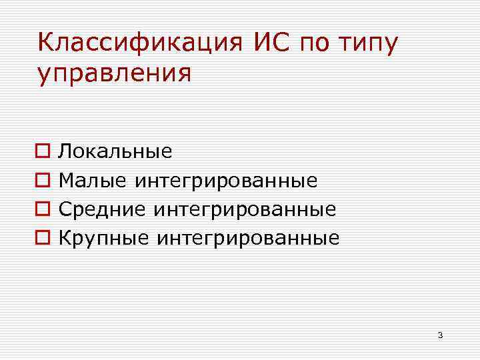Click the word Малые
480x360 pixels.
pos(93,180)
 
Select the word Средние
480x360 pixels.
pos(102,209)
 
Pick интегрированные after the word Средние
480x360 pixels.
pos(245,209)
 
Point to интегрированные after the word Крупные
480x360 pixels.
pos(247,238)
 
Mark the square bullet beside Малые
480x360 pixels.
pos(43,181)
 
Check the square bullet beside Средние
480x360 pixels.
pos(43,209)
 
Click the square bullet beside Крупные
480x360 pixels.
pos(43,238)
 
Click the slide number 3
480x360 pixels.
pos(441,335)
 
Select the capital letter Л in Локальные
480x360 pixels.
pos(65,151)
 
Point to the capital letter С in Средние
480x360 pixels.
pos(65,209)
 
